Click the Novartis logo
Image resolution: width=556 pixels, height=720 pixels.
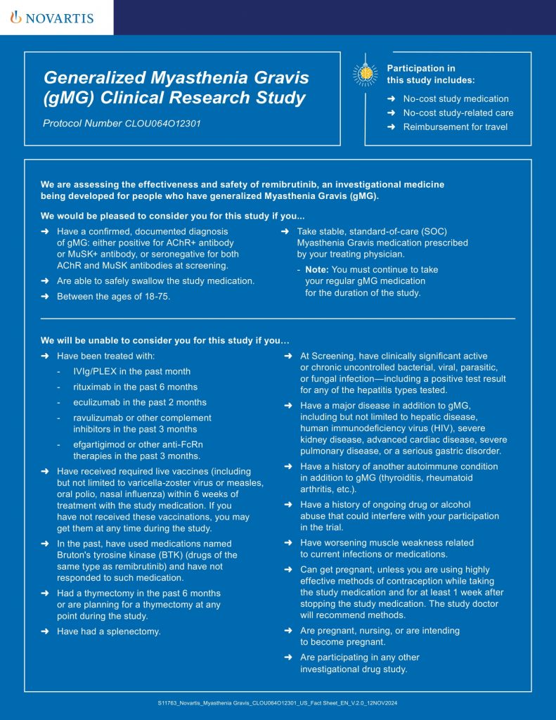click(52, 18)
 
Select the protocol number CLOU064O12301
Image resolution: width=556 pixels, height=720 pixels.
click(162, 124)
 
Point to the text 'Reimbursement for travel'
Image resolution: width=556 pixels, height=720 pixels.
click(455, 127)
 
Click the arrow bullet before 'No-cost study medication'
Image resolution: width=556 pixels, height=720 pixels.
click(391, 99)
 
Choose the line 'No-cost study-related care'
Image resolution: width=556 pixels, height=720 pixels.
click(458, 112)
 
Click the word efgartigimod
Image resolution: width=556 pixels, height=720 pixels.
click(100, 444)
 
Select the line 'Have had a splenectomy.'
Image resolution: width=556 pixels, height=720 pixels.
click(109, 631)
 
